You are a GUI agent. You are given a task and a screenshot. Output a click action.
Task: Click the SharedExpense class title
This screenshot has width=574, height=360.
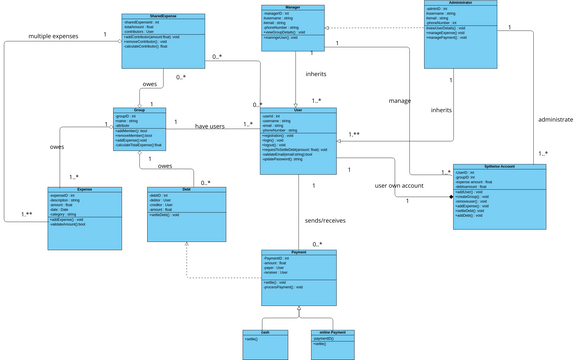(163, 16)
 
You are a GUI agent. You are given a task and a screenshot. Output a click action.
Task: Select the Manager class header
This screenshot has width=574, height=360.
(294, 7)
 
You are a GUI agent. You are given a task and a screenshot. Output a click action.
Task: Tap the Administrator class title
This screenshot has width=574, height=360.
(461, 3)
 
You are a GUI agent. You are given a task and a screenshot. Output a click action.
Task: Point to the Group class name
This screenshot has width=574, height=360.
(139, 110)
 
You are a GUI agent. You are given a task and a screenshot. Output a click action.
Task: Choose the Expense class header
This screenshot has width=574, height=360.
(85, 189)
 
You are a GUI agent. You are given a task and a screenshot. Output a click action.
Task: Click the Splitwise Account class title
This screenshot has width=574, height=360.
(499, 167)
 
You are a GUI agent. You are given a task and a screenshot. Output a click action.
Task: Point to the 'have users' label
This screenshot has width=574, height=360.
(209, 126)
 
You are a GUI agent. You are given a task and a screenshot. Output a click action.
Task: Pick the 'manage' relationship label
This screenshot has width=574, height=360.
(400, 101)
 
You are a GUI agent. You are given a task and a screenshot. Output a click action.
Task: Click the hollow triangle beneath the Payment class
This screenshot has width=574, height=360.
(299, 311)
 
